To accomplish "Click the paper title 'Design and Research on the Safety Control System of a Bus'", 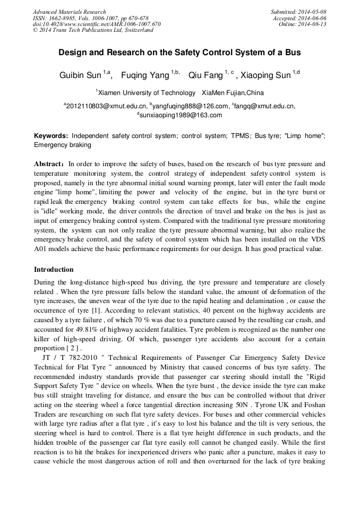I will click(179, 53).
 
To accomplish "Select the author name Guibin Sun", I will click(80, 75).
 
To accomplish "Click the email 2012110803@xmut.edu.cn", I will click(106, 106).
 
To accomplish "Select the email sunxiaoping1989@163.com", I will click(181, 115).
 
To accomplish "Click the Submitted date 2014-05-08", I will click(307, 12).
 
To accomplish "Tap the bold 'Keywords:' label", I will click(51, 136).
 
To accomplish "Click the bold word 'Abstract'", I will click(49, 164).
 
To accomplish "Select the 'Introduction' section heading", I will click(54, 270).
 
